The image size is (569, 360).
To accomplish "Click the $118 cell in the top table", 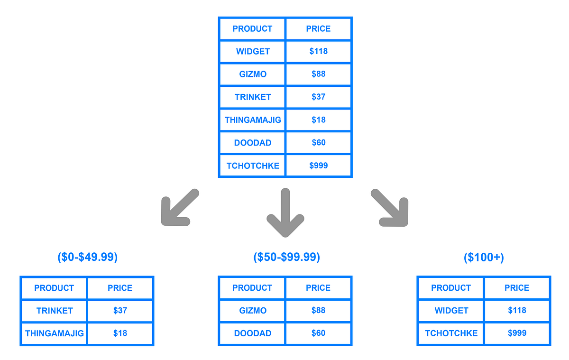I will [x=318, y=51].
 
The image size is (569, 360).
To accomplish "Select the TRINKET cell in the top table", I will [x=253, y=97].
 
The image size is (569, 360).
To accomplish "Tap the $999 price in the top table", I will [x=318, y=166].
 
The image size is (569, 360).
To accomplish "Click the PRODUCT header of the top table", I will [x=252, y=28].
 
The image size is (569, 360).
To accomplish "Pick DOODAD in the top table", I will [x=253, y=142].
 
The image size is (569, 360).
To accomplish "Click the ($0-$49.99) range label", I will [x=87, y=257].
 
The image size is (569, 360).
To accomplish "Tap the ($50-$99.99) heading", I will [x=286, y=257].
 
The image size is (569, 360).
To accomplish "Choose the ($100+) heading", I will [x=484, y=257].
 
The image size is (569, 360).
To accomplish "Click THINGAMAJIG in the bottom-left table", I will [x=54, y=333].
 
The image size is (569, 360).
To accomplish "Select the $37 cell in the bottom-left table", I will [x=120, y=311].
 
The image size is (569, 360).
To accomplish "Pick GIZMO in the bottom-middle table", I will [x=253, y=311].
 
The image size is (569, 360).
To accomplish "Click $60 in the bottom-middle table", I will [x=318, y=333].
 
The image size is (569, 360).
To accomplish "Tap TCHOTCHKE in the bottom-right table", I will [x=451, y=333].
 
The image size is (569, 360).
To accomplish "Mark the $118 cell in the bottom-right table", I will [x=517, y=311].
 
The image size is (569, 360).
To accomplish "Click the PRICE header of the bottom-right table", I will [x=517, y=288].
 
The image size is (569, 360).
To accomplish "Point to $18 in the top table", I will [x=318, y=120].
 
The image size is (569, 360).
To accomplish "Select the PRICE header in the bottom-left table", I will [x=120, y=288].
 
